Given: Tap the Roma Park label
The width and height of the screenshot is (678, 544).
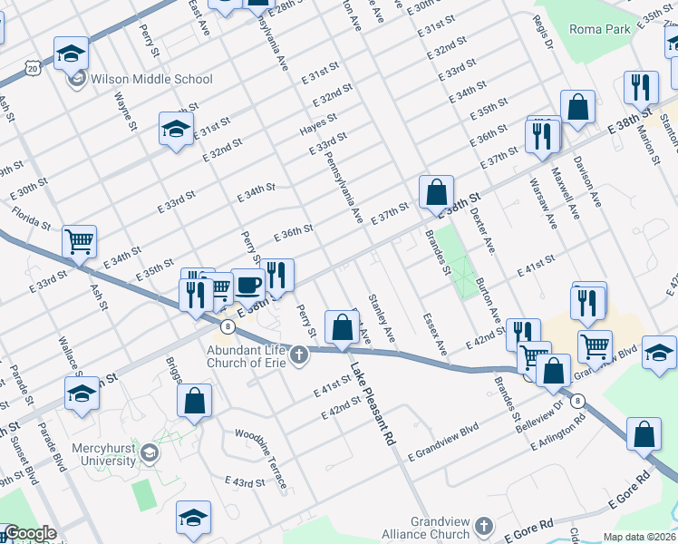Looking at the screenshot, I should point(599,29).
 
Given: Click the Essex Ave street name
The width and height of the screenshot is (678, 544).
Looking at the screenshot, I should point(436,335).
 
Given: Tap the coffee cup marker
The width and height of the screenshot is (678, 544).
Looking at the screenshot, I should point(248,285).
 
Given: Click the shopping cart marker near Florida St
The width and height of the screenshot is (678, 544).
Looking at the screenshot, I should point(79,241).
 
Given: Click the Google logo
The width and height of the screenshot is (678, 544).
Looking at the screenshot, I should point(29,534).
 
